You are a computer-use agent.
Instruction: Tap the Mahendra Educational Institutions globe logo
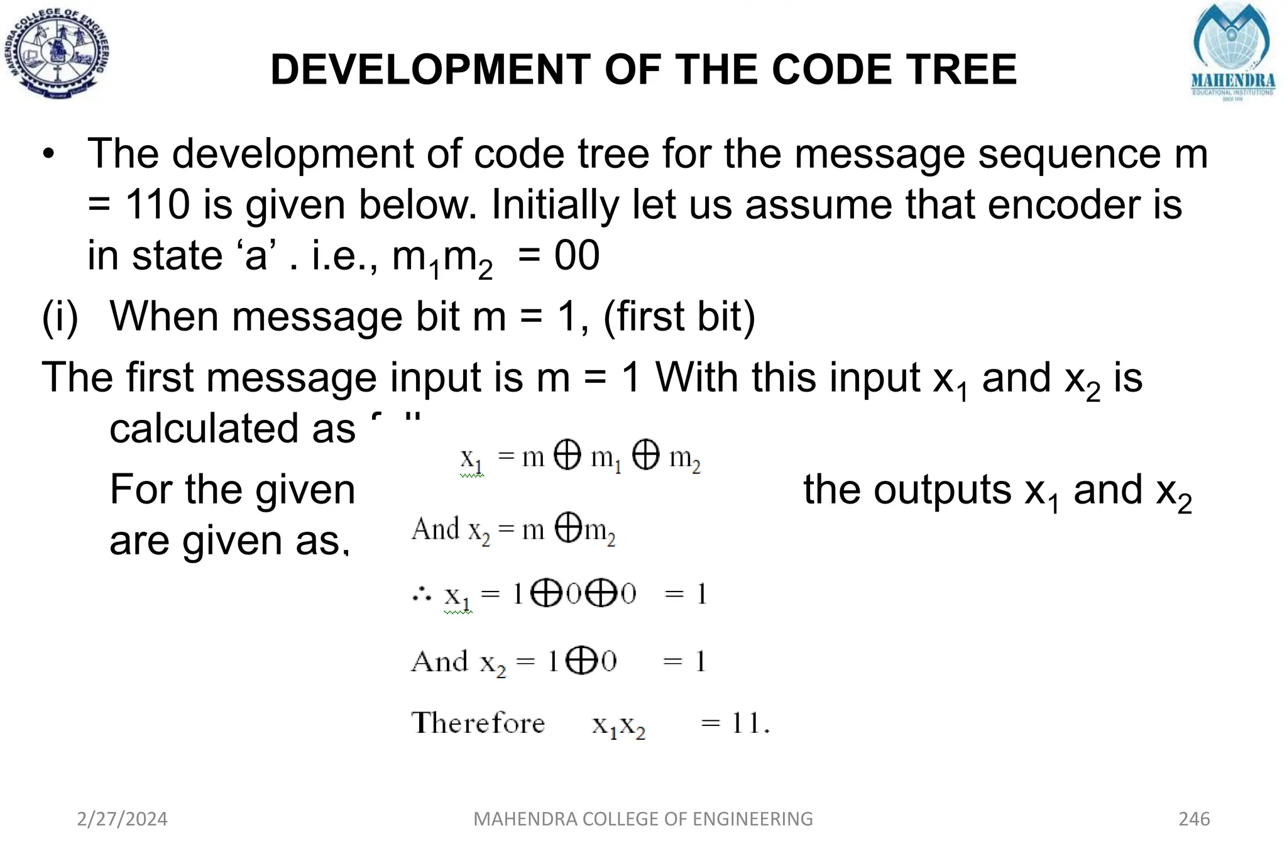tap(1232, 53)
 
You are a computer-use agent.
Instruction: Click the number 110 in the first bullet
tap(157, 205)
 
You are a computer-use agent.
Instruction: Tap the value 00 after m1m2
tap(576, 256)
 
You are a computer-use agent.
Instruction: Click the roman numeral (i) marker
tap(60, 316)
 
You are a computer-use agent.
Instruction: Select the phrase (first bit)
tap(679, 316)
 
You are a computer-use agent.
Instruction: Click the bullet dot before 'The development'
tap(50, 155)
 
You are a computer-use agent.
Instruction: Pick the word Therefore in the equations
tap(478, 723)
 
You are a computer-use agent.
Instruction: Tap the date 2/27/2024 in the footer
tap(122, 819)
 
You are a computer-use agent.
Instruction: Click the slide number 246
tap(1194, 819)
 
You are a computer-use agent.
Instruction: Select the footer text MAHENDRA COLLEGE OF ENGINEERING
tap(643, 819)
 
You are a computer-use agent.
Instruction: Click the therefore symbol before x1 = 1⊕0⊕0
tap(422, 594)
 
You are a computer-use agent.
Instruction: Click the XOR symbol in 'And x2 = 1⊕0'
tap(581, 661)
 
